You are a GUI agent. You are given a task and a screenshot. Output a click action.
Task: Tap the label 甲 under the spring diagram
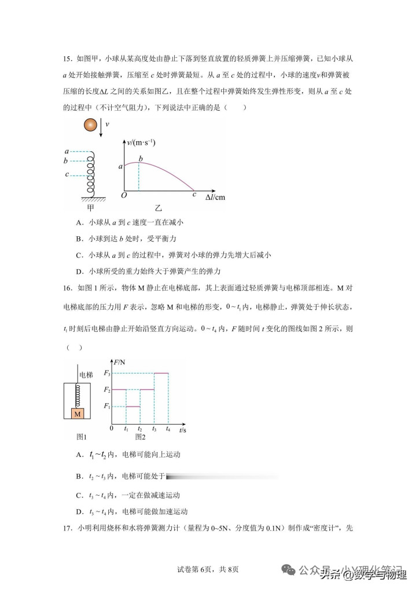(90, 207)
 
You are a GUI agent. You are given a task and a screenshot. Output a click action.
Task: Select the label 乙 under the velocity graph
(159, 207)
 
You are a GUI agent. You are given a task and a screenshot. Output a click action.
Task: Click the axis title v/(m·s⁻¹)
(141, 142)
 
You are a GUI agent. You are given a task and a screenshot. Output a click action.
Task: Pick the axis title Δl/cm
(215, 197)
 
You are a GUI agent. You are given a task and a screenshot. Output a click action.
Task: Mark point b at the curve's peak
(139, 158)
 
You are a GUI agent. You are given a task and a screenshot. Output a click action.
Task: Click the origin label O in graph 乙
(123, 196)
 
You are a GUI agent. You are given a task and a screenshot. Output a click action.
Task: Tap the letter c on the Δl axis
(194, 195)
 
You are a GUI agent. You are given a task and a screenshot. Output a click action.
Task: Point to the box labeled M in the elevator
(77, 413)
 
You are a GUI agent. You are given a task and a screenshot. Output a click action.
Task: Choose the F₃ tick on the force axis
(106, 374)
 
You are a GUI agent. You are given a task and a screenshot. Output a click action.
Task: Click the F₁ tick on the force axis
(106, 406)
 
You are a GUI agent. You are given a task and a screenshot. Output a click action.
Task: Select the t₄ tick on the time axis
(168, 429)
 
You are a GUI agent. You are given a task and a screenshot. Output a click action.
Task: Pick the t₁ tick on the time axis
(126, 429)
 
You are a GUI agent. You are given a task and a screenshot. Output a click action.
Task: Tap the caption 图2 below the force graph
(140, 436)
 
